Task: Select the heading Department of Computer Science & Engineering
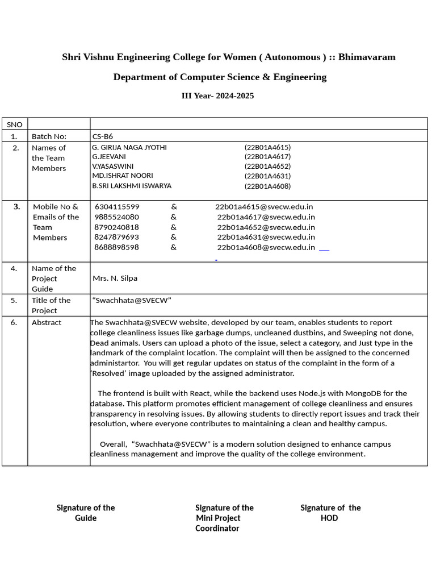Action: (220, 77)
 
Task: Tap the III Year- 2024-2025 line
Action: (217, 95)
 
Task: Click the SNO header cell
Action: (14, 124)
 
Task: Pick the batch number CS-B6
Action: (103, 136)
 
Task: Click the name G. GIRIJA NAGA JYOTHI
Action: (129, 147)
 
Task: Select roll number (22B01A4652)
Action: (267, 167)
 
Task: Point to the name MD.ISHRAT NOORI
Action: (123, 176)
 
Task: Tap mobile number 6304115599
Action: (117, 207)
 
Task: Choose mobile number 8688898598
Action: (117, 247)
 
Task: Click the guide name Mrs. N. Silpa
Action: (115, 278)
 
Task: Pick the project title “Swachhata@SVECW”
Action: (132, 300)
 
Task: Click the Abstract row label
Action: (47, 322)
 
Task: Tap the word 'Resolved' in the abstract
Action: (112, 373)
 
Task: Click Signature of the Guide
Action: (86, 513)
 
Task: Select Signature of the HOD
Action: (330, 513)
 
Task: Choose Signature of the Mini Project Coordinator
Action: (224, 518)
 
